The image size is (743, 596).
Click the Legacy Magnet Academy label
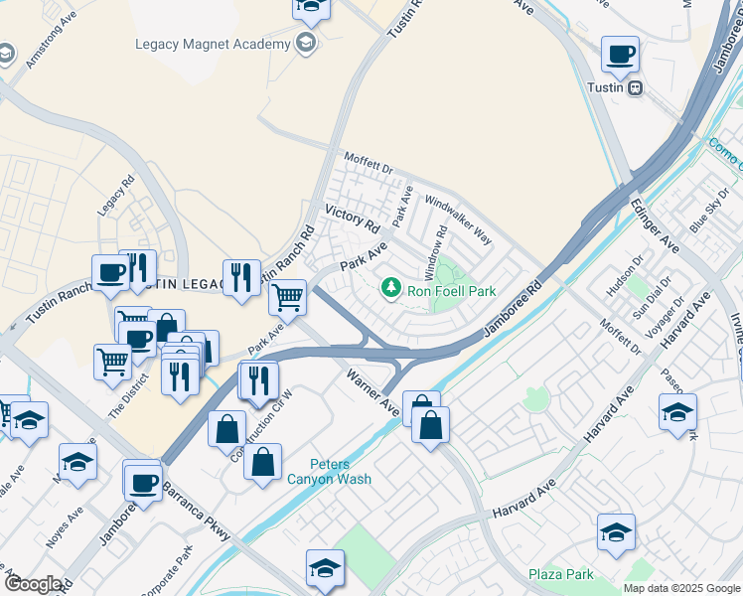[x=213, y=45]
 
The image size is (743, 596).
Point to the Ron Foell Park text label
[x=452, y=292]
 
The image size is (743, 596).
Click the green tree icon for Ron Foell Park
[x=392, y=288]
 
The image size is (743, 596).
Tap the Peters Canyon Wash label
[x=341, y=472]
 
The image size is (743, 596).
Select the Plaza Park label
[x=560, y=574]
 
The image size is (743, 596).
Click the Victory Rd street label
[x=353, y=220]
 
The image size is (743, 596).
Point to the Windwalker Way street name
[x=458, y=220]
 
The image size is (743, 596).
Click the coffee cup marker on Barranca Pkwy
[x=143, y=483]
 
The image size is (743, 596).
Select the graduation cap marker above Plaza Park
[x=616, y=533]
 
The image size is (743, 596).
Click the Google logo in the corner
[x=34, y=584]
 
